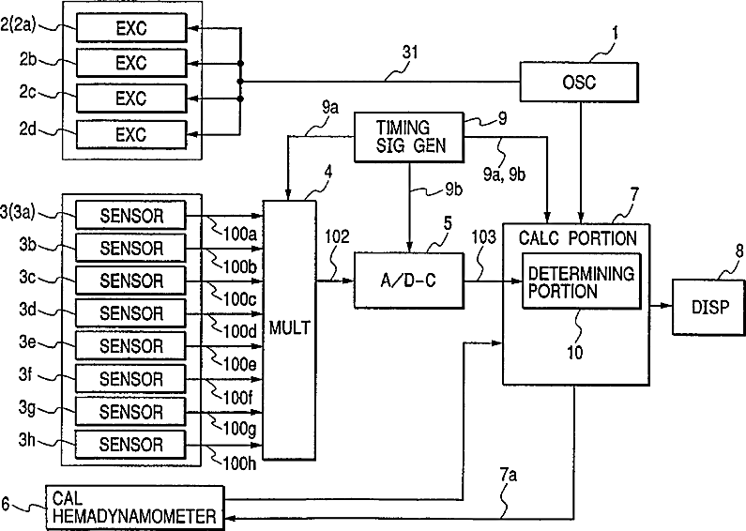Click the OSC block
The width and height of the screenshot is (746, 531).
click(x=579, y=82)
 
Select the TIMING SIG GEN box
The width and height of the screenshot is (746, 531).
click(x=409, y=137)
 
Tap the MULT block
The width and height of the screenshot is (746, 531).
click(x=290, y=330)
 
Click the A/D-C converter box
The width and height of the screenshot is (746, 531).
click(x=409, y=281)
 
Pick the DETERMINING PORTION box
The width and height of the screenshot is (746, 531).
click(x=582, y=281)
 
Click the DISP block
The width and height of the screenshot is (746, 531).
click(x=708, y=308)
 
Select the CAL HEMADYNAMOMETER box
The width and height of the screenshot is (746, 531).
click(x=134, y=508)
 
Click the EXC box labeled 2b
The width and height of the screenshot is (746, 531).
click(x=131, y=63)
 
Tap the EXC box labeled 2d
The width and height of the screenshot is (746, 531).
click(x=131, y=135)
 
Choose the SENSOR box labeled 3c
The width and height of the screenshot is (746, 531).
click(x=130, y=281)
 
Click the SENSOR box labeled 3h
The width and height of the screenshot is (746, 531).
click(x=129, y=445)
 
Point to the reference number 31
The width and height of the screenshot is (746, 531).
click(x=410, y=52)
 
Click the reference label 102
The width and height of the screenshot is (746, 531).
click(x=337, y=236)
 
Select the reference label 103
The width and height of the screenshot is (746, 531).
click(x=483, y=237)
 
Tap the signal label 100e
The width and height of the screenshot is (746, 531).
click(x=240, y=364)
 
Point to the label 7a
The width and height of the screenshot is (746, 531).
click(x=508, y=475)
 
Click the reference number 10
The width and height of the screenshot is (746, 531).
click(x=574, y=353)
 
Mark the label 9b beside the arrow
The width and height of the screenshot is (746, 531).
click(x=454, y=190)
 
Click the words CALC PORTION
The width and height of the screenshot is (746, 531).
click(x=578, y=238)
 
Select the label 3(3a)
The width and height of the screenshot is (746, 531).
click(x=18, y=212)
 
